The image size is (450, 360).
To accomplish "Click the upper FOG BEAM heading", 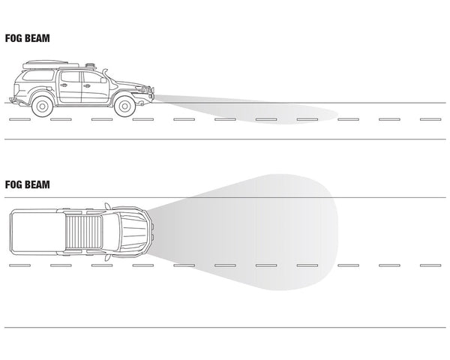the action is click(28, 38).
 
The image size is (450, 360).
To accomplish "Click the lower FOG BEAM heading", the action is click(28, 184).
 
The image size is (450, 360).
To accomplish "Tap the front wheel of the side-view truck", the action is click(124, 106).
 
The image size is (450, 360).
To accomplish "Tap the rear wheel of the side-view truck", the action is click(43, 106).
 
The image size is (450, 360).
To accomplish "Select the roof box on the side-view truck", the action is click(50, 64).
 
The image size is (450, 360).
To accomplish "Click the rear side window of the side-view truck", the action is click(38, 76).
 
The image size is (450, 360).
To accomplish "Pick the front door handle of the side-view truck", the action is click(86, 85).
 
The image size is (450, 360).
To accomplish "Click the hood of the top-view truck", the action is click(134, 232).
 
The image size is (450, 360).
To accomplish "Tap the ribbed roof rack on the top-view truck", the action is click(83, 232).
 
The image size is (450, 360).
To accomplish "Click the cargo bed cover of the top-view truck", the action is click(34, 232).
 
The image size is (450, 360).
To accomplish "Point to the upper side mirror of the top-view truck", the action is click(107, 205).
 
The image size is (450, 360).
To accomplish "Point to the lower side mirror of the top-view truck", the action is click(107, 257).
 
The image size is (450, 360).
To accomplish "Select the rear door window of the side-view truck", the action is click(70, 76).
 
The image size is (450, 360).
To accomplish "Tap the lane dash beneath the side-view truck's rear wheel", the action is click(61, 119).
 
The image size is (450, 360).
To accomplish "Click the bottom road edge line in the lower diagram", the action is click(225, 327).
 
